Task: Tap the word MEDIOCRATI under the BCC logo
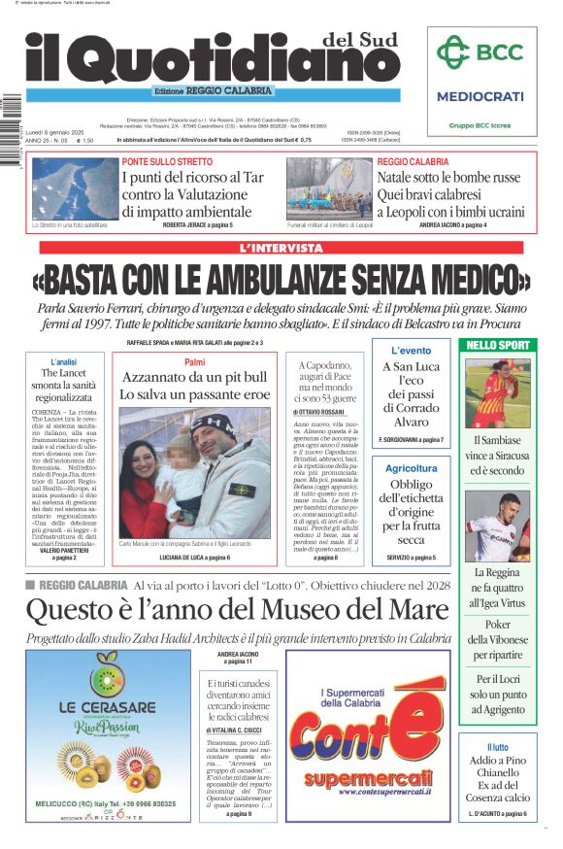pos(480,96)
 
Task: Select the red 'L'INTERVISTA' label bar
pos(281,248)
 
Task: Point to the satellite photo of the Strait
pos(71,187)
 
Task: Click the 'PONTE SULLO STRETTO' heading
pos(167,161)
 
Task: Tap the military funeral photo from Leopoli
pos(329,187)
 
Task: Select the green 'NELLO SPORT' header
pos(498,345)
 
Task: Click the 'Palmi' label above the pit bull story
pos(194,361)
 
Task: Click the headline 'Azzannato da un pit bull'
pos(193,377)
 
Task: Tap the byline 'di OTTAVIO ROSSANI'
pos(322,413)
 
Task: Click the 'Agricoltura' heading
pos(411,467)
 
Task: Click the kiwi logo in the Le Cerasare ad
pos(108,679)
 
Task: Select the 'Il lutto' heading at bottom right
pos(498,747)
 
